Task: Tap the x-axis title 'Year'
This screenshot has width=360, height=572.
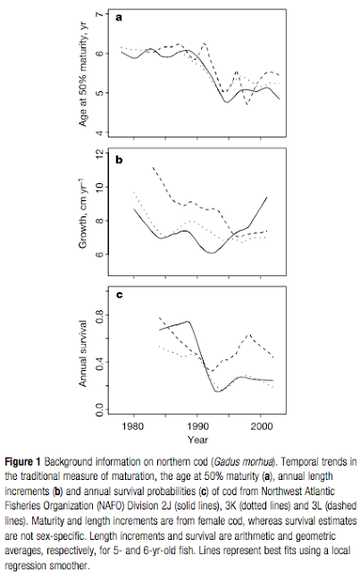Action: click(x=196, y=440)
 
